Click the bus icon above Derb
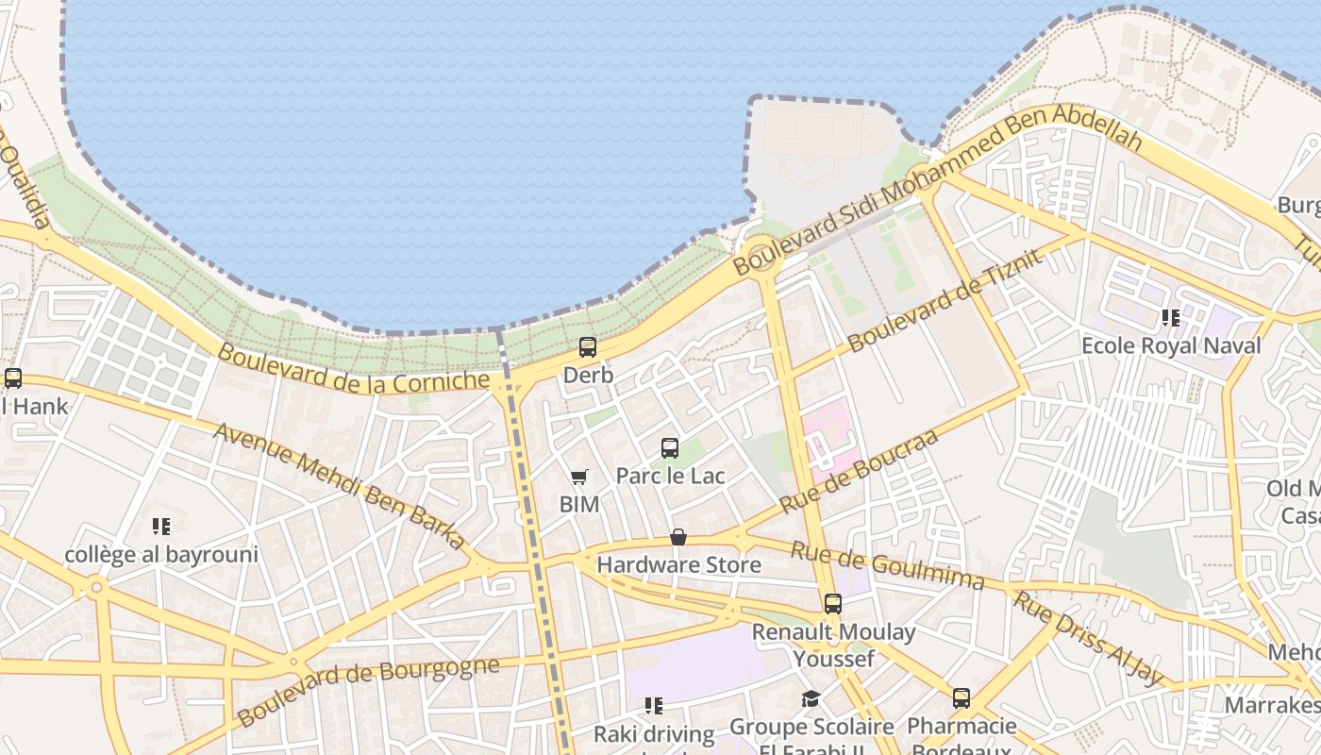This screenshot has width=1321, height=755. tap(588, 347)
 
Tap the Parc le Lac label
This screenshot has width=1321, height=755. tap(670, 476)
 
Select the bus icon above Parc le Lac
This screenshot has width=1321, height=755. tap(670, 448)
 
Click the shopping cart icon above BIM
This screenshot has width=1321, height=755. tap(579, 478)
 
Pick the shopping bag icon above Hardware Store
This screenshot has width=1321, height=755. tap(678, 538)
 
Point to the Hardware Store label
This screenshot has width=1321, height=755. tap(678, 565)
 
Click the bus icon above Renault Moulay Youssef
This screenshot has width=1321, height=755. tap(832, 604)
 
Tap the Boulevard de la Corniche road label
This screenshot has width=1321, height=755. tap(354, 368)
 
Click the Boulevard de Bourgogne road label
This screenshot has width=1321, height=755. tap(368, 691)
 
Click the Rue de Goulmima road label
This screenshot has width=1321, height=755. tap(887, 564)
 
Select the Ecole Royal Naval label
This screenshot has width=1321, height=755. tap(1170, 345)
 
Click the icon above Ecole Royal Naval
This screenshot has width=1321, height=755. tap(1171, 318)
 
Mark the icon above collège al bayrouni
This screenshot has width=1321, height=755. tap(161, 527)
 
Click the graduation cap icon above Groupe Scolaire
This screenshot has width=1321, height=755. tap(811, 699)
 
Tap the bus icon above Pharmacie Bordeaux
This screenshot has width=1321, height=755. tap(961, 698)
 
